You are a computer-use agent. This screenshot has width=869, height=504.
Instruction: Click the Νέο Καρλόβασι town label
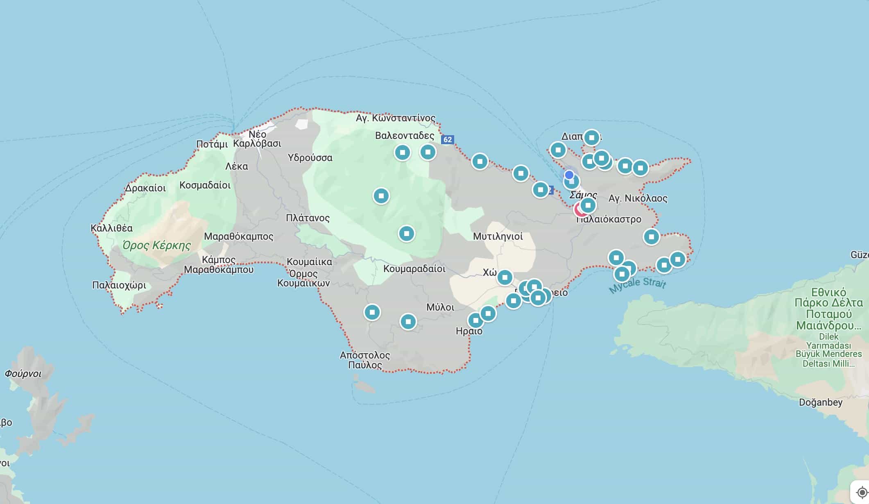click(257, 139)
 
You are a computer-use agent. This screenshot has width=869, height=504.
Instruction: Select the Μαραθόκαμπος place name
click(238, 236)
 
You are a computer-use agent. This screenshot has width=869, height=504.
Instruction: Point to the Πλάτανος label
click(308, 218)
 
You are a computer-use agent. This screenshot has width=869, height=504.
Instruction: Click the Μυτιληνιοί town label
click(498, 236)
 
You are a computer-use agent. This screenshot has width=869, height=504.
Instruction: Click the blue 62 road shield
click(447, 139)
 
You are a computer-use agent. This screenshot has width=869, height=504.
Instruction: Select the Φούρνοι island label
click(23, 374)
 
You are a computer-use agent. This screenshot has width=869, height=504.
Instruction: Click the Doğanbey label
click(821, 402)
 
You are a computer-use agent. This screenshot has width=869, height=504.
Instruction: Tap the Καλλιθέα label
click(111, 228)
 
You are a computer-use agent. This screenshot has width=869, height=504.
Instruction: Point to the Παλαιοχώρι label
click(119, 285)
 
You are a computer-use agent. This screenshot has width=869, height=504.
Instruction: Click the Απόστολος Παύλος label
click(364, 360)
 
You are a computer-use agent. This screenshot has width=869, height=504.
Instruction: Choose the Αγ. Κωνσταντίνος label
click(395, 118)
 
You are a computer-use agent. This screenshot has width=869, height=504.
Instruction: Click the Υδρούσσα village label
click(310, 158)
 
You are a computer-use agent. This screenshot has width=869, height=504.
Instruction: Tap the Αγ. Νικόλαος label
click(638, 198)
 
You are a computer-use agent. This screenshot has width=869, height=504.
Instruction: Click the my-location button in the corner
click(862, 493)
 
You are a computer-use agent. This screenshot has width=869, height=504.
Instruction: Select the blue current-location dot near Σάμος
click(569, 175)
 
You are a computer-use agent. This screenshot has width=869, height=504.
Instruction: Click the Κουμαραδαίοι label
click(414, 269)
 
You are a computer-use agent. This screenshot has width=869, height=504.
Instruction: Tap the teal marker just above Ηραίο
click(475, 320)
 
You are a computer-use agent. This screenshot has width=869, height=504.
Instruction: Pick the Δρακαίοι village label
click(145, 188)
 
